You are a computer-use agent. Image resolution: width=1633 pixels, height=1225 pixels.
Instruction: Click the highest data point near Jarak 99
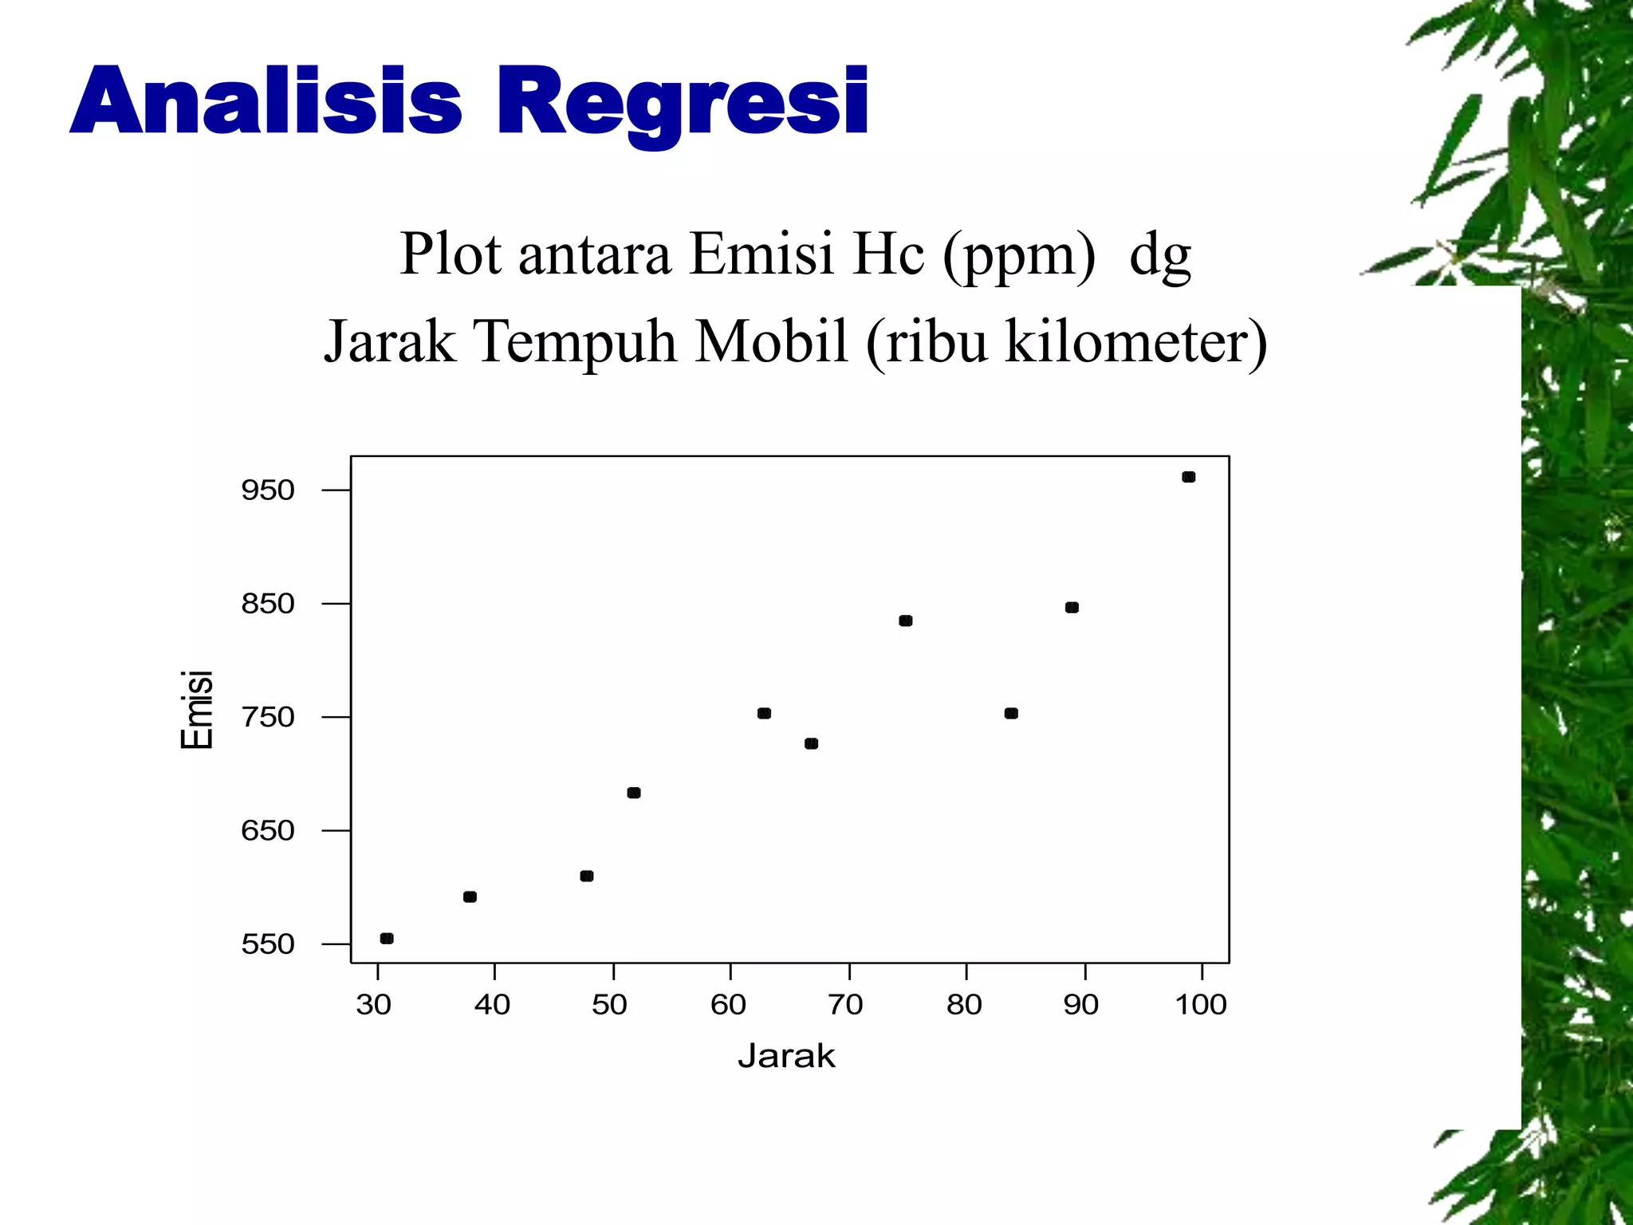(1188, 477)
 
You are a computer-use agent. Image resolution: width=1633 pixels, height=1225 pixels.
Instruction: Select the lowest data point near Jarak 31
(387, 938)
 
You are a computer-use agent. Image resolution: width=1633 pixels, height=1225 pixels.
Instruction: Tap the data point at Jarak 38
(470, 896)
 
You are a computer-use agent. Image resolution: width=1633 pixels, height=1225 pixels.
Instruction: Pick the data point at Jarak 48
(587, 876)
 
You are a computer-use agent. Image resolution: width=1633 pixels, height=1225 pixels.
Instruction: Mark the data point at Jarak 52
(634, 793)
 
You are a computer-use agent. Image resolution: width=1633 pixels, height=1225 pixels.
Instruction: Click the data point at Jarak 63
(764, 713)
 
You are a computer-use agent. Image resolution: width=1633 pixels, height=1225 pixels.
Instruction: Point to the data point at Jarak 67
(811, 743)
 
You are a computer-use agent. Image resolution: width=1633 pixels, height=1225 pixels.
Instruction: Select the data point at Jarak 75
(905, 620)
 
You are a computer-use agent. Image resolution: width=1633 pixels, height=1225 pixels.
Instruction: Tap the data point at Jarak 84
(1011, 713)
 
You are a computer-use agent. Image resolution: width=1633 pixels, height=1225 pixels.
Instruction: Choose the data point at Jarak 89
(1072, 608)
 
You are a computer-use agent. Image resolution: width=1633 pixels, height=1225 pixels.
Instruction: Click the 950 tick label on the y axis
(268, 490)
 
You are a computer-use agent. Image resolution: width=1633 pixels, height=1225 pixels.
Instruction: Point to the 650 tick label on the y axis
(268, 831)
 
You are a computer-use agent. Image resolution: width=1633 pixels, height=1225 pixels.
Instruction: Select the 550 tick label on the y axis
(268, 944)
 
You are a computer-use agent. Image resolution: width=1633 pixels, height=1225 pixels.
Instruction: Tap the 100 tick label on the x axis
(1201, 1004)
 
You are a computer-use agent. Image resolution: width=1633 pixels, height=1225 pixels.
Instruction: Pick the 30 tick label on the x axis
(373, 1004)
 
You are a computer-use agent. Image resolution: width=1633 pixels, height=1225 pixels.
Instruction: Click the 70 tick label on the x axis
(845, 1004)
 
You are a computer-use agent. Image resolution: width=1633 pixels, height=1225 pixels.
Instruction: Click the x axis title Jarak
(786, 1056)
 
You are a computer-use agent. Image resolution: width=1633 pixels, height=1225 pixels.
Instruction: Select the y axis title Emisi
(197, 709)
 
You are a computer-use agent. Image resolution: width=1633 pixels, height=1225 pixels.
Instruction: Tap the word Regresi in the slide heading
(683, 102)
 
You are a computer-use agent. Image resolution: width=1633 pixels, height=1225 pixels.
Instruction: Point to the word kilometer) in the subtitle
(1136, 341)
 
